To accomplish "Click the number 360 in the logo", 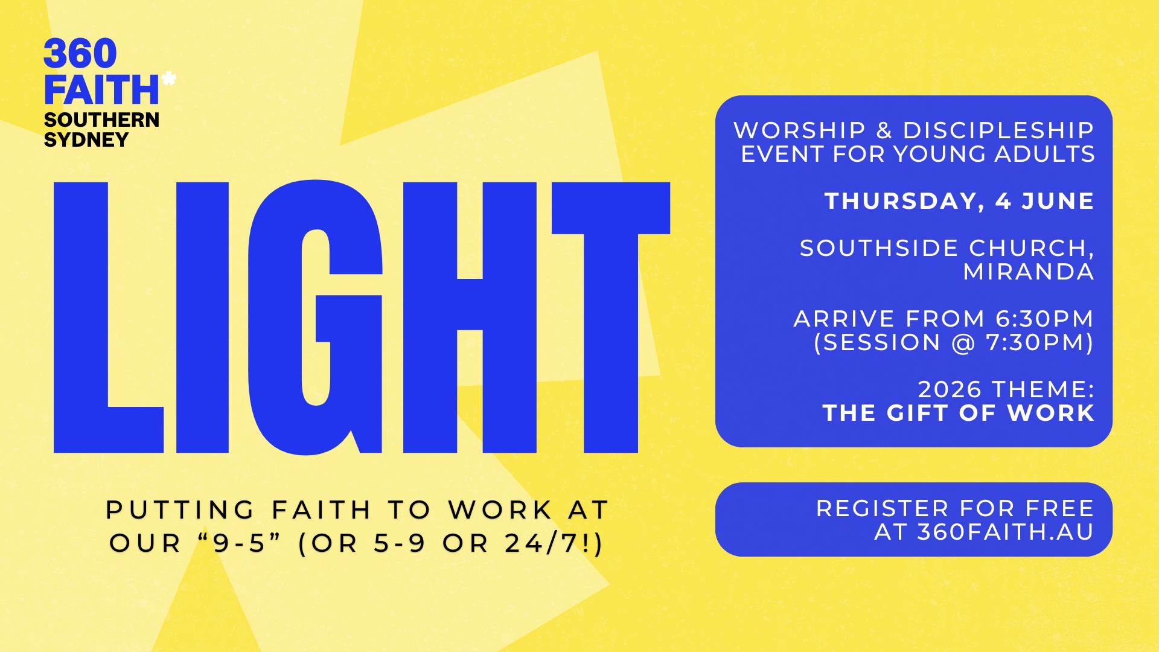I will pos(80,54).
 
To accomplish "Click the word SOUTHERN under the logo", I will pos(101,120).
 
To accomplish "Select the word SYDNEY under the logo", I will pos(86,140).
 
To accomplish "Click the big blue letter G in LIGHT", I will pos(315,317).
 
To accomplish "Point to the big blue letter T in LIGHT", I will pos(610,317).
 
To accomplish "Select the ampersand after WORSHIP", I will pos(884,130).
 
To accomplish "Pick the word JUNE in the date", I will pos(1058,201).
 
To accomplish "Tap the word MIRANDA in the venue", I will pos(1029,272).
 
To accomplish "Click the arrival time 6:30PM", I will pos(1044,319).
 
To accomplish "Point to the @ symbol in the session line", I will pos(963,343).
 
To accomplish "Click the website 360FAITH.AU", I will pos(1005,532).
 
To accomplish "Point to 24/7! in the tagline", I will pos(554,543).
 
